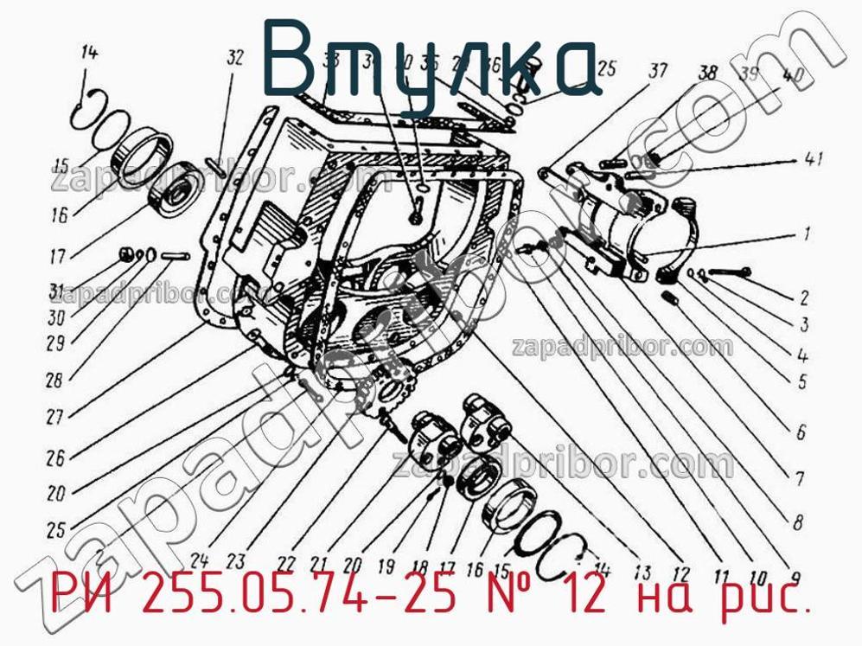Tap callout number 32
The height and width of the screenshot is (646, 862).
point(235,58)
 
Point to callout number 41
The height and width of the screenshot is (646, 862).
point(812,159)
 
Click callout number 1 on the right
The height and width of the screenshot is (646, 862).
point(806,233)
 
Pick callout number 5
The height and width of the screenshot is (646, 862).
point(801,381)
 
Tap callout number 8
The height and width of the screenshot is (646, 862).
point(796,521)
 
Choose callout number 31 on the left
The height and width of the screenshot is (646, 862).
point(56,290)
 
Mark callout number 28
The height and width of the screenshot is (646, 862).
point(54,380)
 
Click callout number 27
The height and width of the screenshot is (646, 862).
point(55,417)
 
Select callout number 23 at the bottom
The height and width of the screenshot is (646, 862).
point(235,559)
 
